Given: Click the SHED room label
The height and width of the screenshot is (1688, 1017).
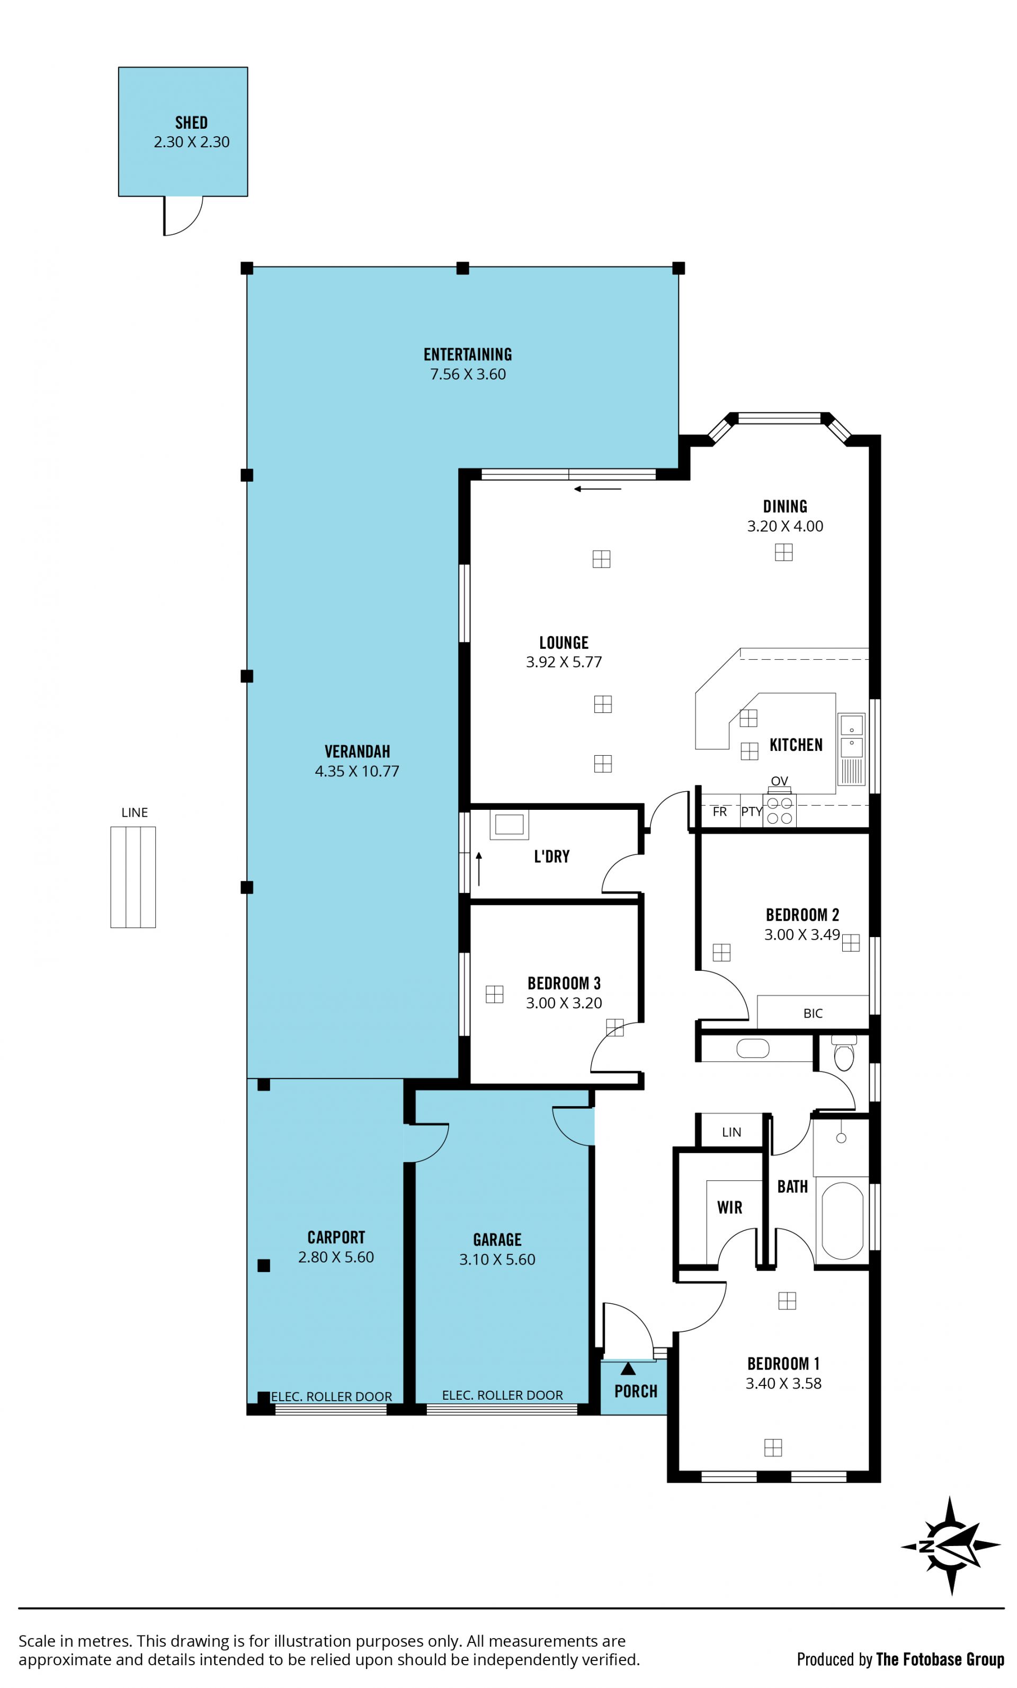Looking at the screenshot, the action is tap(191, 122).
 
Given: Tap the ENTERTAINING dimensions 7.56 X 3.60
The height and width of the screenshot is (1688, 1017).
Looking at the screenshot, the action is tap(468, 374).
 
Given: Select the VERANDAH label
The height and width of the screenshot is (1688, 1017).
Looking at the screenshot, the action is tap(357, 752).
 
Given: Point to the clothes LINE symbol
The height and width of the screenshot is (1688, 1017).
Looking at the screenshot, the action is tap(133, 877).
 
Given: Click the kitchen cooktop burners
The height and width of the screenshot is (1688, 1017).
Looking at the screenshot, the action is tap(779, 810).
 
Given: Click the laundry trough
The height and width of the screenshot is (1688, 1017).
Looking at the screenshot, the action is tap(509, 824).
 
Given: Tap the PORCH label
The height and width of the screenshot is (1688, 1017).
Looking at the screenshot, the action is tap(636, 1391).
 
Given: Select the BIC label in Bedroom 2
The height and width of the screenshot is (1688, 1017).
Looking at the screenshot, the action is tap(813, 1013).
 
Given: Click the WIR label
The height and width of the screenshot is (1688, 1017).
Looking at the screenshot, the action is tap(729, 1207).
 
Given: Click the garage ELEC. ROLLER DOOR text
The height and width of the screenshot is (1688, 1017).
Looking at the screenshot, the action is tap(502, 1395).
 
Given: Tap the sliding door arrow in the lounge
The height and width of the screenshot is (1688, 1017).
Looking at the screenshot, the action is tap(597, 489).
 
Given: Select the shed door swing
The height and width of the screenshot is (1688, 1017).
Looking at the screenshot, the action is tap(183, 216).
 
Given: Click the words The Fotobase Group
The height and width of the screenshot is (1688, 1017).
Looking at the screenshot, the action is tap(940, 1659).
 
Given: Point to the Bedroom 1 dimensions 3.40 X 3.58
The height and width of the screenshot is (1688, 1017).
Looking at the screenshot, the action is tap(783, 1383).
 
